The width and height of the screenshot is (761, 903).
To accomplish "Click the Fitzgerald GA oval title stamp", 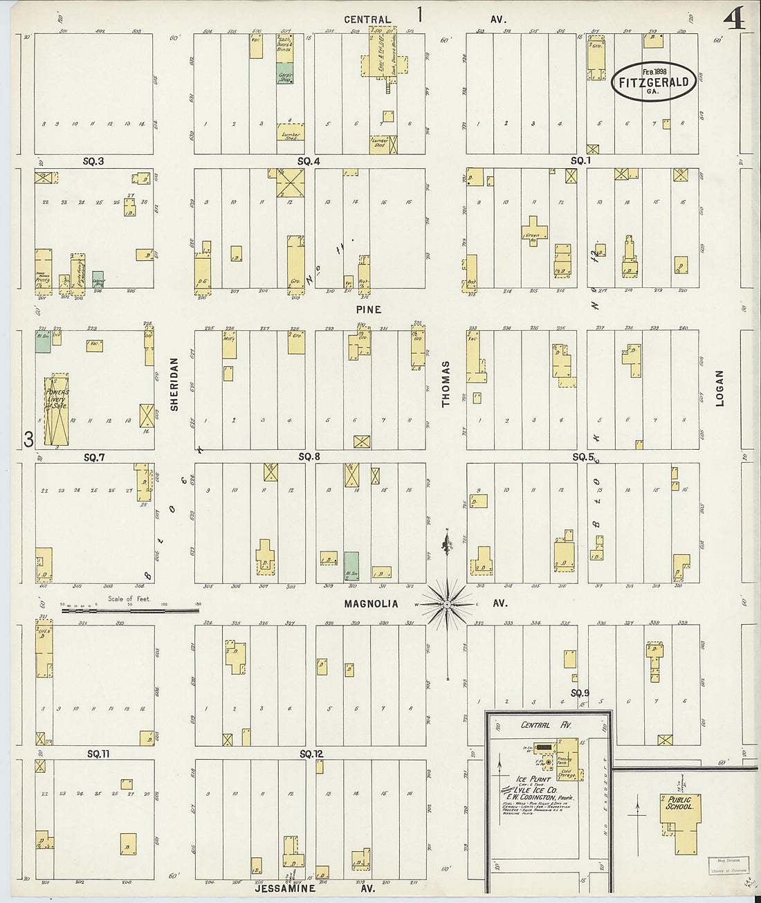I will [x=652, y=82].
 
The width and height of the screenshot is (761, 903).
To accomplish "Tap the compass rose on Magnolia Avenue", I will [x=447, y=604].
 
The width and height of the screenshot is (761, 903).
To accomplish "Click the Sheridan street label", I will [x=174, y=384].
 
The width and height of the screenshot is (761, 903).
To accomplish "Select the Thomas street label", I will [x=446, y=383].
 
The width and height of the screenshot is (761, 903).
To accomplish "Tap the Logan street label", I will [x=719, y=387].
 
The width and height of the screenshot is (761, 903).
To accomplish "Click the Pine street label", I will [x=369, y=309].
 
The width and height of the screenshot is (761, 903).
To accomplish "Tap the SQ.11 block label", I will [x=99, y=754].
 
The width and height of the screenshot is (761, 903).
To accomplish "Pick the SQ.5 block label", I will [x=583, y=457].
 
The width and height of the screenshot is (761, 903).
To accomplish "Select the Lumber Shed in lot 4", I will [x=291, y=135].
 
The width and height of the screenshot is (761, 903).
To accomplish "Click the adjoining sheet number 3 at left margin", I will [x=28, y=439].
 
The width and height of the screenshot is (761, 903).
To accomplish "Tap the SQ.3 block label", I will [x=93, y=161].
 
